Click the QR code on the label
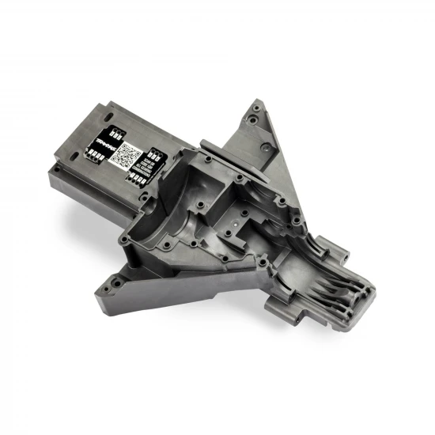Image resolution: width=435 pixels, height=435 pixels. (126, 155)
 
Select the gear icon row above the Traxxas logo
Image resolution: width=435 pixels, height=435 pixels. (113, 129)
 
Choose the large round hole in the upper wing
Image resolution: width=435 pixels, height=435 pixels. (252, 121)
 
